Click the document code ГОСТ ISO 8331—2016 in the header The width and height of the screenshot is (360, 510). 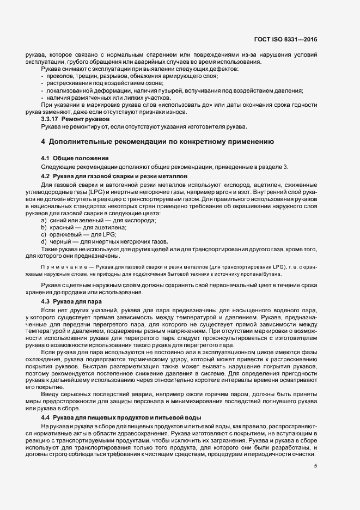click(285, 40)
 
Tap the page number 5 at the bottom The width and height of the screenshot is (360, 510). click(315, 465)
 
